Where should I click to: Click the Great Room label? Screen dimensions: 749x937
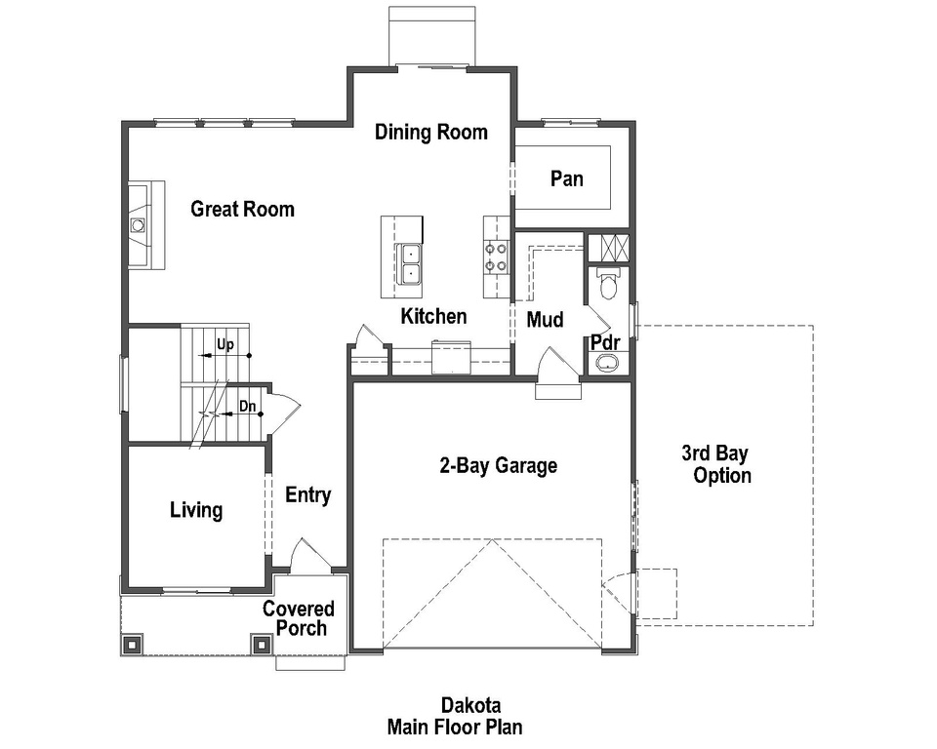pos(242,209)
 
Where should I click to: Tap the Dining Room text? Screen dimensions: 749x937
pos(430,133)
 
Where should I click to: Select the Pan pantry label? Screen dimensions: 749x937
pos(566,178)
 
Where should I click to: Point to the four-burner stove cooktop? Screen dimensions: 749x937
pos(496,256)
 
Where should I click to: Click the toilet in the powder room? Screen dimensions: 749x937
pos(608,285)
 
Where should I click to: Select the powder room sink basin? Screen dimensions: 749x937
pos(607,363)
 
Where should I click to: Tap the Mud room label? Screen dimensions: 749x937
pos(545,320)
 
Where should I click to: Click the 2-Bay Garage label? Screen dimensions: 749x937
pos(498,466)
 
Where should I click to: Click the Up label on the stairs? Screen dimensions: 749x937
pos(225,345)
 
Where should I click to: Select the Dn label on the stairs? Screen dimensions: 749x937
pos(247,406)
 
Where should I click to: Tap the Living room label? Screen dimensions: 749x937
pos(195,510)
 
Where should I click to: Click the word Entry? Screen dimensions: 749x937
pos(307,495)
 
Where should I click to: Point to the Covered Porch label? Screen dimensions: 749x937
pos(299,618)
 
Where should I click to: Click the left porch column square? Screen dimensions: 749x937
pos(132,644)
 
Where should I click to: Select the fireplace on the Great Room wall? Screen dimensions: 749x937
pos(140,225)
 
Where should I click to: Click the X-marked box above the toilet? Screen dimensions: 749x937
pos(608,248)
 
